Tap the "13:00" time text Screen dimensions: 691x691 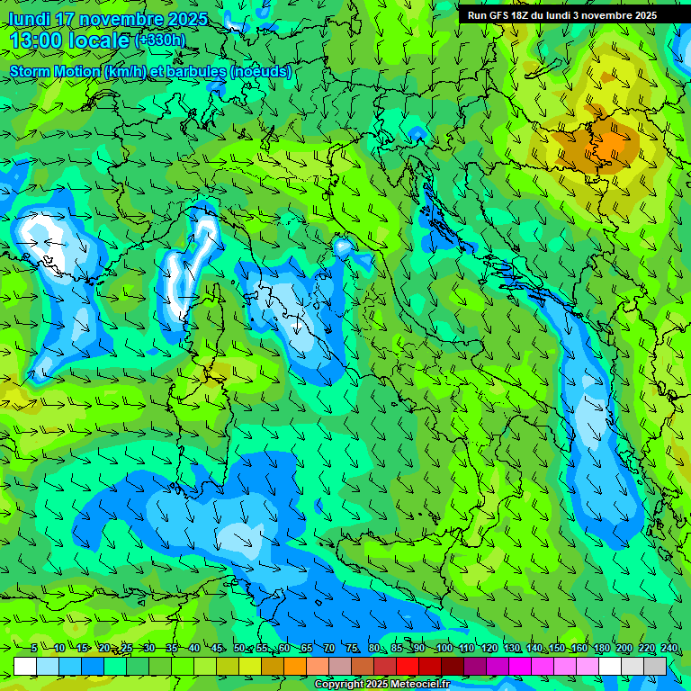click(x=36, y=40)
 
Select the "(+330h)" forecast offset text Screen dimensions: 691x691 click(x=160, y=40)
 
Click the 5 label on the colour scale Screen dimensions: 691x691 click(x=33, y=649)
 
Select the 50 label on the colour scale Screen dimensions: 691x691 click(x=238, y=649)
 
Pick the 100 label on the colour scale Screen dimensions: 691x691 click(x=443, y=649)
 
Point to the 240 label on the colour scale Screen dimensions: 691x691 click(x=669, y=649)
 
